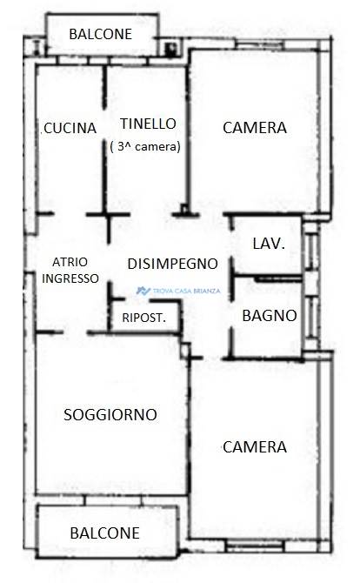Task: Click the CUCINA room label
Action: click(x=70, y=128)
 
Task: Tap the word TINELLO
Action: click(x=148, y=124)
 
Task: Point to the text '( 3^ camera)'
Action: click(x=145, y=146)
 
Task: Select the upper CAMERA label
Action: click(x=255, y=128)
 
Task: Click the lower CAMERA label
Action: click(x=255, y=447)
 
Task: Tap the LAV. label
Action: click(x=269, y=244)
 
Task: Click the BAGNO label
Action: click(x=270, y=316)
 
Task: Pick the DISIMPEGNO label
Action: click(x=173, y=264)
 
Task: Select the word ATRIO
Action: click(x=70, y=262)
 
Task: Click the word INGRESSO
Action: click(x=70, y=278)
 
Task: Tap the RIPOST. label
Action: click(x=144, y=318)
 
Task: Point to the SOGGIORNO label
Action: click(x=110, y=415)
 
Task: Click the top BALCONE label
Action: click(x=101, y=34)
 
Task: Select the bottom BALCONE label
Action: click(x=104, y=533)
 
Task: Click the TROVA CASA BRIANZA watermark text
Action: click(x=186, y=291)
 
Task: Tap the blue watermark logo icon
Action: click(x=143, y=291)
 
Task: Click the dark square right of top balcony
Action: click(x=170, y=49)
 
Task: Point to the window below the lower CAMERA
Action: click(x=255, y=546)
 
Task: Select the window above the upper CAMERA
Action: click(x=260, y=44)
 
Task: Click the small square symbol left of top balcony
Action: click(x=37, y=47)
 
